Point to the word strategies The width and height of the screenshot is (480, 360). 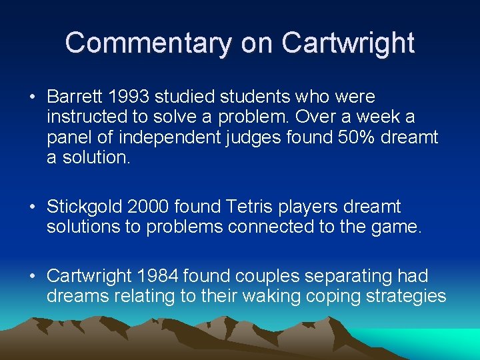pyautogui.click(x=406, y=296)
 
